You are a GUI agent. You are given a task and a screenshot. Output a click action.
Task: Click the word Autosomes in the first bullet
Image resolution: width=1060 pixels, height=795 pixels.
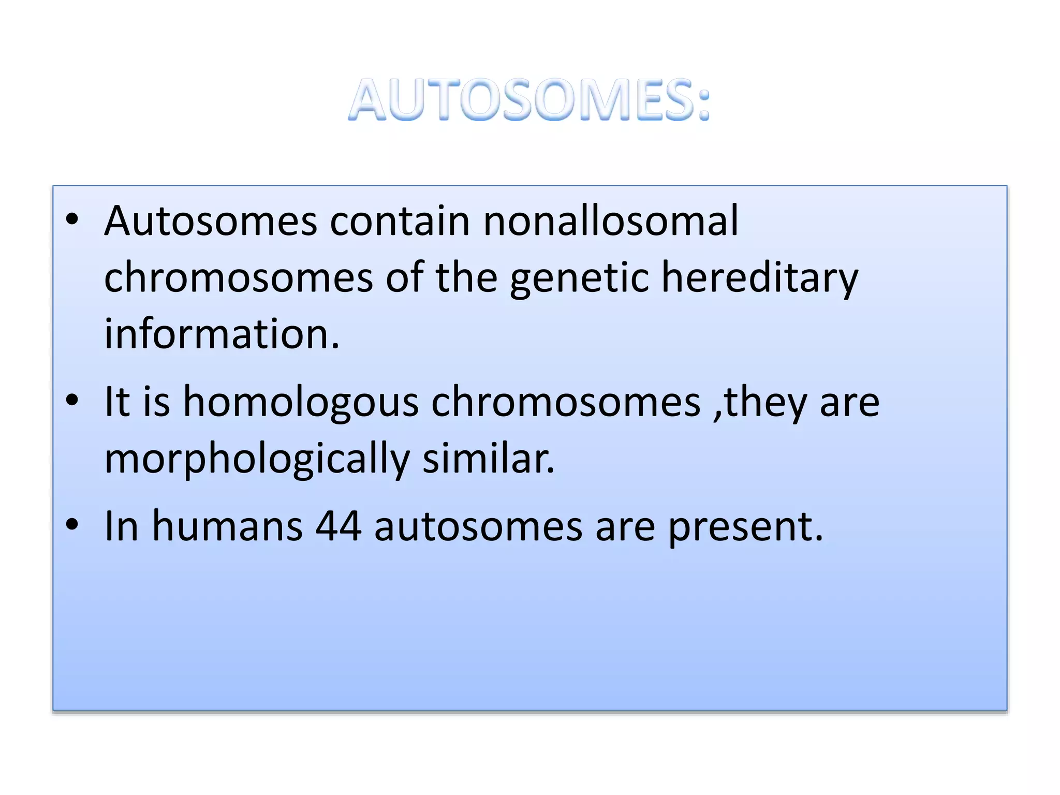pyautogui.click(x=211, y=221)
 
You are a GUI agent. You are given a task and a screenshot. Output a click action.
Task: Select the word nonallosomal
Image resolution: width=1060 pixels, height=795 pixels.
pyautogui.click(x=611, y=221)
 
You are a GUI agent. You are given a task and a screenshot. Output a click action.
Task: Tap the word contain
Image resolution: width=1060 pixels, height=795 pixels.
pyautogui.click(x=400, y=221)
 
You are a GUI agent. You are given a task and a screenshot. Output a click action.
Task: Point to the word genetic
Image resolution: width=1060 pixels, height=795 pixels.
pyautogui.click(x=579, y=278)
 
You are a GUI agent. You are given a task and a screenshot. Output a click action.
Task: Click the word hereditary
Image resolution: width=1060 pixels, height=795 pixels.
pyautogui.click(x=760, y=278)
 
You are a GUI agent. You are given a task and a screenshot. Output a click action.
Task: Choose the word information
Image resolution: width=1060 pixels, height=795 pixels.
pyautogui.click(x=222, y=334)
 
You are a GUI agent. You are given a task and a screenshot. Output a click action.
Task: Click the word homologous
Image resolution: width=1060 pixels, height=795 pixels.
pyautogui.click(x=301, y=402)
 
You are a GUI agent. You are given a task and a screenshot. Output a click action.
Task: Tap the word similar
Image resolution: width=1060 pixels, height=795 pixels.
pyautogui.click(x=488, y=459)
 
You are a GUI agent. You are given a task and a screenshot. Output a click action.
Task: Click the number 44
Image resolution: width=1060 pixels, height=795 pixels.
pyautogui.click(x=338, y=527)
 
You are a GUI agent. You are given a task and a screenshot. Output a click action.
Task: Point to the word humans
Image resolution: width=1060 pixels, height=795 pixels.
pyautogui.click(x=227, y=527)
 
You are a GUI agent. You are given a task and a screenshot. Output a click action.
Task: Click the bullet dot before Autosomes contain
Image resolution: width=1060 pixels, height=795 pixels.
pyautogui.click(x=72, y=219)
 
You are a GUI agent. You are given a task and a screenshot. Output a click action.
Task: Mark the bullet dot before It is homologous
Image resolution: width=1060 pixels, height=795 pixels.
pyautogui.click(x=72, y=400)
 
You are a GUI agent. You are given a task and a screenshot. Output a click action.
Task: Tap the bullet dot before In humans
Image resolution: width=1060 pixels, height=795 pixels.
pyautogui.click(x=72, y=524)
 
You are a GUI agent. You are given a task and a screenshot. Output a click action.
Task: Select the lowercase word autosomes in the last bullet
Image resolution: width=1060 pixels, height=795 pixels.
pyautogui.click(x=478, y=527)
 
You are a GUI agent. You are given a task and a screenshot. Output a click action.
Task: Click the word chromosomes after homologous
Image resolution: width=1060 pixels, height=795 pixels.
pyautogui.click(x=566, y=402)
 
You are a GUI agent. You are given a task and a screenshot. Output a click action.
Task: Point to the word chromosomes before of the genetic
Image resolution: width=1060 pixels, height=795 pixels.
pyautogui.click(x=238, y=278)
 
